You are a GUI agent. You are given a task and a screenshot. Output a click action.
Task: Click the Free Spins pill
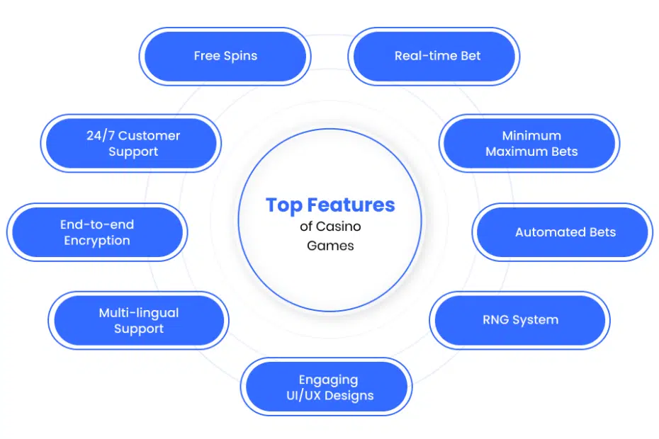click(225, 57)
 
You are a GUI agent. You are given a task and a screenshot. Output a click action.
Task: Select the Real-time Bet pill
click(434, 57)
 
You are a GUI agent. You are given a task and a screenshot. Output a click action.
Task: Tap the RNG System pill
click(520, 320)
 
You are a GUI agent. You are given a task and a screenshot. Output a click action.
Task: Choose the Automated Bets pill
click(563, 232)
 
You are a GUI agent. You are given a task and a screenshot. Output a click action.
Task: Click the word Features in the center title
click(351, 205)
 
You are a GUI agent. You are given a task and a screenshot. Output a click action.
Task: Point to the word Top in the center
click(284, 206)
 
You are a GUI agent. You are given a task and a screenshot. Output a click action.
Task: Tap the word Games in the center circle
click(330, 246)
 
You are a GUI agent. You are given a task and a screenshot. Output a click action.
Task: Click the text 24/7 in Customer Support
click(101, 136)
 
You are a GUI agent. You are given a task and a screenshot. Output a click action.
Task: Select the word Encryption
click(97, 241)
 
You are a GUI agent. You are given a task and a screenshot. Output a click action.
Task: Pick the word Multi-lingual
click(139, 313)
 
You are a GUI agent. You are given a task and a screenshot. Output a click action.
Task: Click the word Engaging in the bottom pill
click(329, 380)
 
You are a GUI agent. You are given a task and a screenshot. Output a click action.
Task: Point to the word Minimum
click(531, 136)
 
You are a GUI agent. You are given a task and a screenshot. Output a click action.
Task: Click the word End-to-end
click(97, 224)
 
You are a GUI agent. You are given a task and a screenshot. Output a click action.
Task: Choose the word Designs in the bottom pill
click(349, 396)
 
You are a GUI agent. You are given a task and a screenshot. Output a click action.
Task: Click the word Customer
click(150, 136)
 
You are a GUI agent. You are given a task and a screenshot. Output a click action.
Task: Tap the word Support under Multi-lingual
click(139, 329)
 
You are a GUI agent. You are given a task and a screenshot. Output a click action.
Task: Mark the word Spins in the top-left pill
click(240, 57)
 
